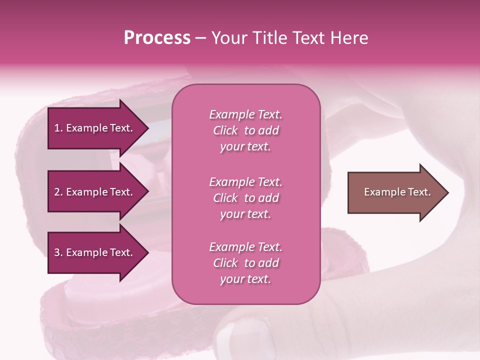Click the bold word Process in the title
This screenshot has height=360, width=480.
pyautogui.click(x=157, y=38)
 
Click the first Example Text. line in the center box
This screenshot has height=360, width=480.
pyautogui.click(x=245, y=114)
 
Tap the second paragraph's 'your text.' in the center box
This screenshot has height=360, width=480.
pyautogui.click(x=245, y=214)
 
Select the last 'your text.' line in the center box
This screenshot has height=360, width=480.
pyautogui.click(x=245, y=279)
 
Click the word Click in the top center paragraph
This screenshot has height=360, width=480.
pyautogui.click(x=225, y=130)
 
